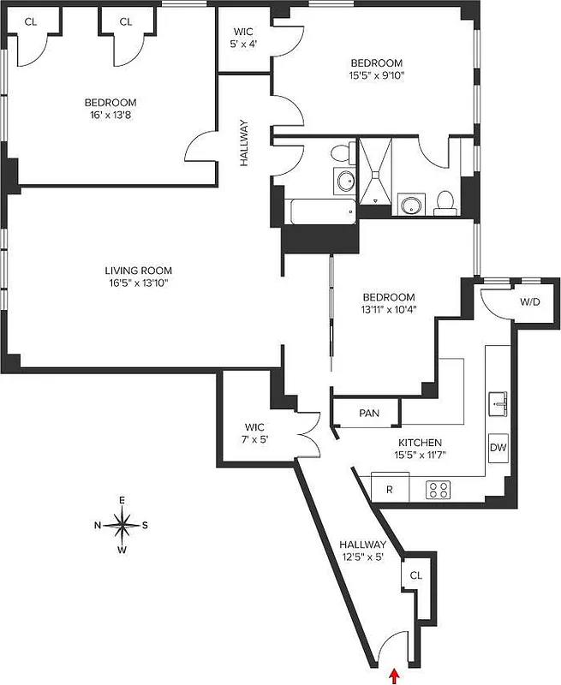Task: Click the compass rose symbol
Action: (123, 525)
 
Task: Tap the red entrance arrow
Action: (394, 676)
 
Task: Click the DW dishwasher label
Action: (498, 447)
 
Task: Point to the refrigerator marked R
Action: (389, 489)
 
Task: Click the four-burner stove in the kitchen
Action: (439, 489)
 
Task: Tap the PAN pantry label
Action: (369, 413)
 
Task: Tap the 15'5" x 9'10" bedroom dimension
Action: (377, 74)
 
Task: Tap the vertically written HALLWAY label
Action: (244, 142)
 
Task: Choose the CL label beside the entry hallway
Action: (415, 575)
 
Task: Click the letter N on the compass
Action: (98, 526)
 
